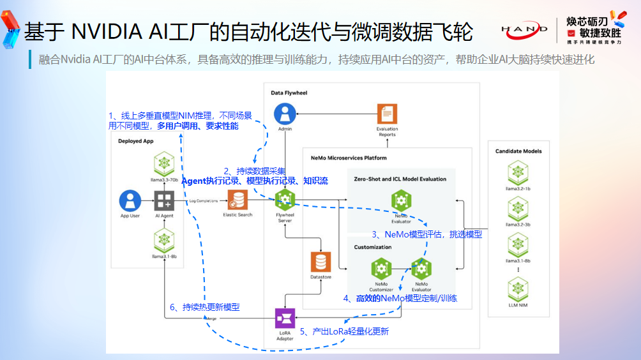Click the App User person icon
tap(130, 200)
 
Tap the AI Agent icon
tap(164, 200)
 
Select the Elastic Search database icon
tap(238, 200)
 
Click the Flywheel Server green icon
tap(285, 200)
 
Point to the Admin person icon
tap(285, 114)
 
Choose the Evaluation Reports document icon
tap(387, 114)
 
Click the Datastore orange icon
tap(320, 262)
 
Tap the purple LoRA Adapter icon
tap(285, 319)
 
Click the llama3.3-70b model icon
tap(164, 164)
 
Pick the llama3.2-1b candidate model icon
tap(518, 172)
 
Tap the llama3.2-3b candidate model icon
tap(518, 208)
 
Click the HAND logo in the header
tap(524, 29)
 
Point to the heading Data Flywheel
tap(289, 93)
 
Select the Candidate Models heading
tap(518, 151)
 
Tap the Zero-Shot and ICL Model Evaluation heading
tap(400, 179)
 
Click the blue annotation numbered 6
tap(204, 307)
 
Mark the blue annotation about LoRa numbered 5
tap(344, 331)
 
